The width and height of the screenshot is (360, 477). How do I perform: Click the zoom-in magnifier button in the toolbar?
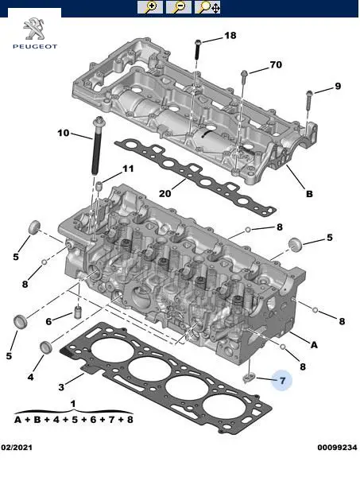click(150, 7)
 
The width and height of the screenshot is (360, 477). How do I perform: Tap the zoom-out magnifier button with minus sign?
click(179, 7)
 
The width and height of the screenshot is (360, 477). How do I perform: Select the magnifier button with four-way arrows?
click(207, 7)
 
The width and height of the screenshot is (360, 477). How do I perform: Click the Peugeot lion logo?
click(35, 29)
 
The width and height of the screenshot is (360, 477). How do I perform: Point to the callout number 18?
click(230, 36)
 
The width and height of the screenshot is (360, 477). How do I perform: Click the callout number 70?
click(276, 64)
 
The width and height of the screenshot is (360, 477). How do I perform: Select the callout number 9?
click(338, 86)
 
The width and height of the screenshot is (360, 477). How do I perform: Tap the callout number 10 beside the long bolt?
click(64, 133)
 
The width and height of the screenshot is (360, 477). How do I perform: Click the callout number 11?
click(128, 169)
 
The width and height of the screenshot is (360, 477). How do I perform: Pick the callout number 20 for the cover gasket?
click(165, 193)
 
